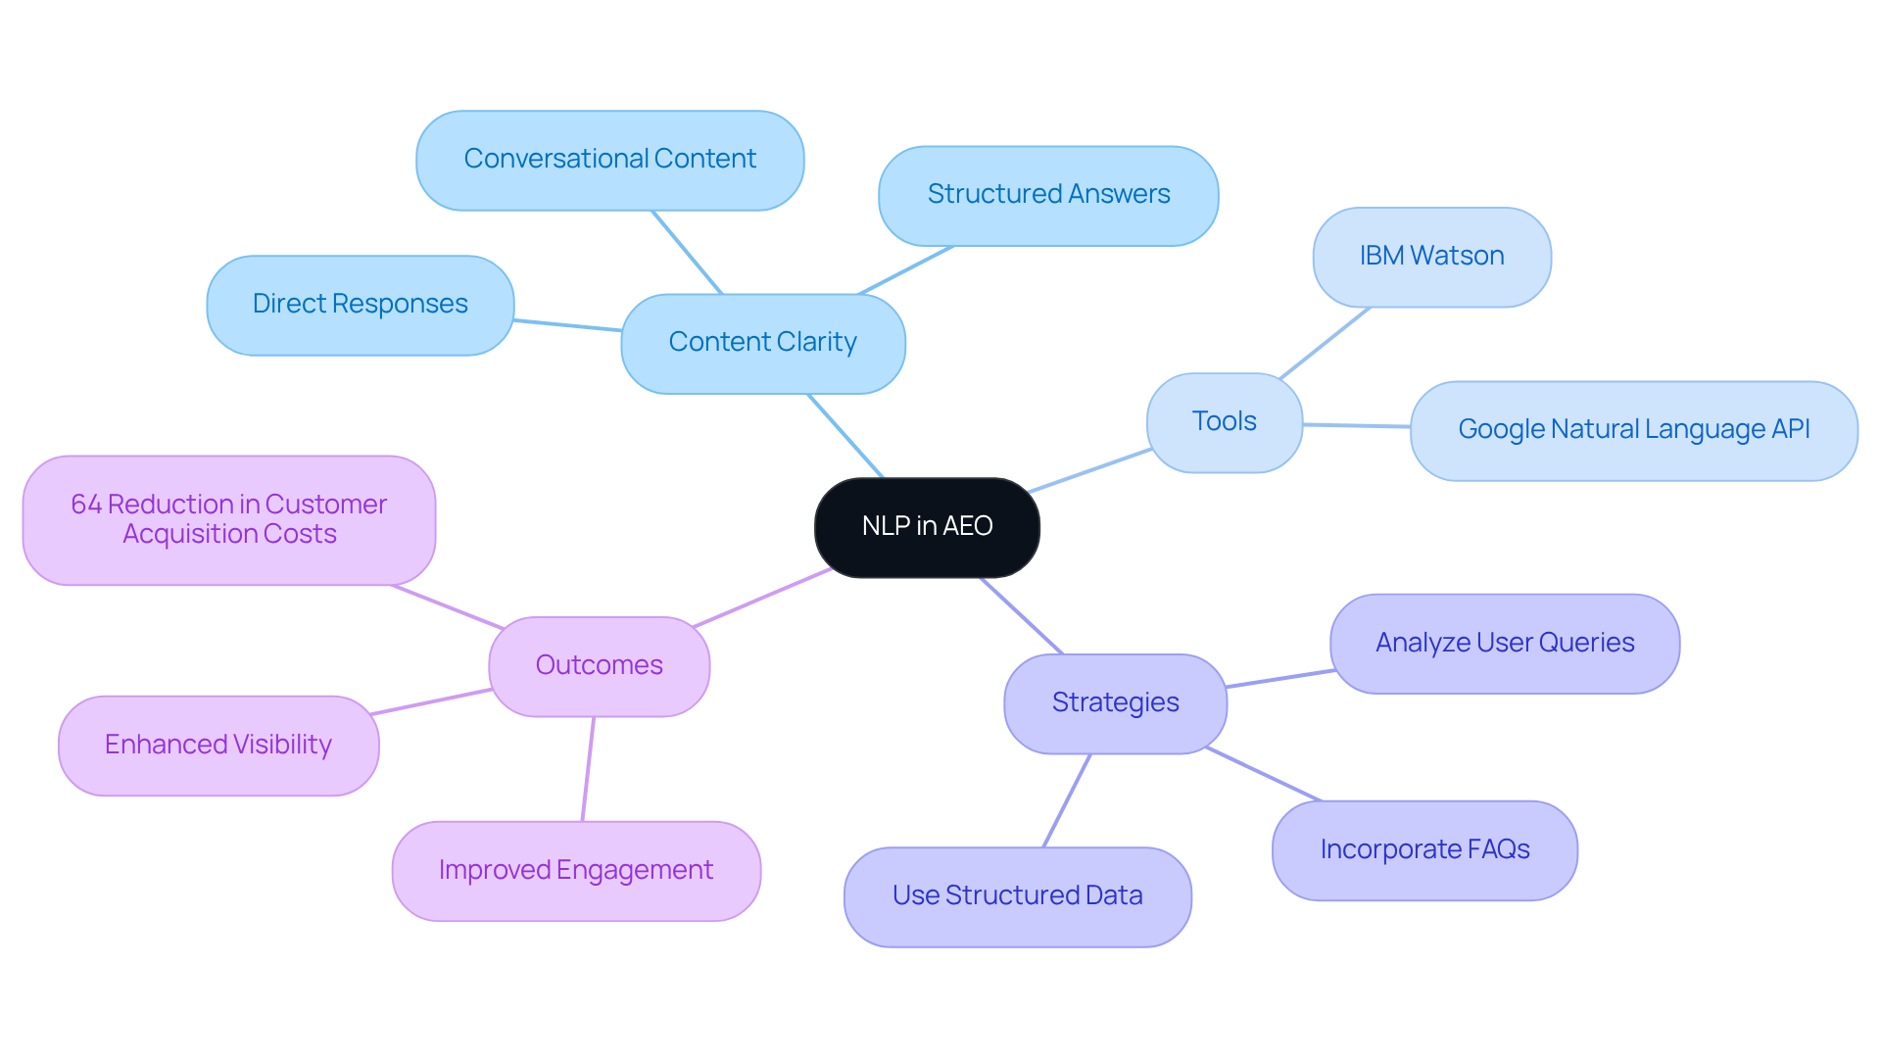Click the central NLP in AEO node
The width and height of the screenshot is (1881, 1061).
pyautogui.click(x=927, y=527)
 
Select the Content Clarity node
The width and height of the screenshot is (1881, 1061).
pyautogui.click(x=762, y=343)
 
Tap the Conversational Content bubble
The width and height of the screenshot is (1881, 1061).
pyautogui.click(x=609, y=160)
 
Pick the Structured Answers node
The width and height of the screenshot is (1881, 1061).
pyautogui.click(x=1048, y=195)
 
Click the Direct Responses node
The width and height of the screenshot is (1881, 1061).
pyautogui.click(x=360, y=305)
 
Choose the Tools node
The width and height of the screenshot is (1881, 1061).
pyautogui.click(x=1224, y=422)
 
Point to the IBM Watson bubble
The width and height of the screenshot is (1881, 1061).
pyautogui.click(x=1431, y=257)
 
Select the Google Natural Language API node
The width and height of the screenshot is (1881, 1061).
pyautogui.click(x=1633, y=430)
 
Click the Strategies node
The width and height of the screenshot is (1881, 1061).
pyautogui.click(x=1115, y=703)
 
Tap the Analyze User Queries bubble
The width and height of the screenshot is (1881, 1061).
pyautogui.click(x=1504, y=644)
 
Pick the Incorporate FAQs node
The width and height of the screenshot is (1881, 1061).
pyautogui.click(x=1423, y=849)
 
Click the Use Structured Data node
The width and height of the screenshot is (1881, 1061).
pyautogui.click(x=1017, y=896)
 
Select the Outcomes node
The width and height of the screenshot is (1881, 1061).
pyautogui.click(x=599, y=666)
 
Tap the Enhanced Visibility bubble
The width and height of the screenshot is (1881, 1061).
pyautogui.click(x=217, y=746)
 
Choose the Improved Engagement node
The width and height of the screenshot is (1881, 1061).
pyautogui.click(x=575, y=871)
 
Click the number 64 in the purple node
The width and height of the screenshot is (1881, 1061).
pyautogui.click(x=86, y=505)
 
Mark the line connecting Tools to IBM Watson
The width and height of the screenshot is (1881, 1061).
pyautogui.click(x=1325, y=343)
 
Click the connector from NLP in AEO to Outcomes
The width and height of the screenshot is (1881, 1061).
pyautogui.click(x=762, y=598)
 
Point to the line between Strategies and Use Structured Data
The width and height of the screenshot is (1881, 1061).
pyautogui.click(x=1067, y=800)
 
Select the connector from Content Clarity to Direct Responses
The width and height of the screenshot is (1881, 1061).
pyautogui.click(x=567, y=325)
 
